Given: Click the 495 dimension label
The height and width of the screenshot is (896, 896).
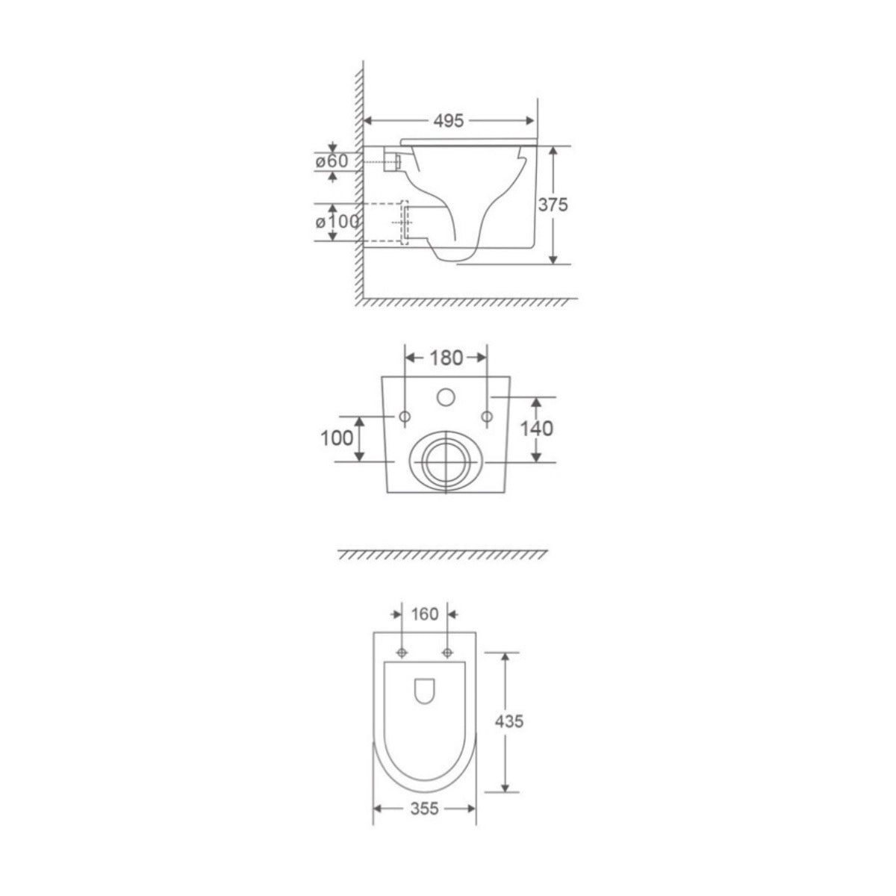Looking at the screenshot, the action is [x=448, y=121].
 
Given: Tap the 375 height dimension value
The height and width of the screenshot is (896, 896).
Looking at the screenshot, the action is [x=553, y=204].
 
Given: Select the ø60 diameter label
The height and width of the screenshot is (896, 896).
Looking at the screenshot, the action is [x=332, y=161].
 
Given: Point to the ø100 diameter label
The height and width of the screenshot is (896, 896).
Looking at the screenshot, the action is [x=337, y=222].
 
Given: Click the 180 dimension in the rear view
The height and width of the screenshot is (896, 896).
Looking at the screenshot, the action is [x=446, y=358].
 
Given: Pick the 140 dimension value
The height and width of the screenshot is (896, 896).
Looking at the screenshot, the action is [x=536, y=429].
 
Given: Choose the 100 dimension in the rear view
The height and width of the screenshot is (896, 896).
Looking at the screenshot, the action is [x=337, y=438].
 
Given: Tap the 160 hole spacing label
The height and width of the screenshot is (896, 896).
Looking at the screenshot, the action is [x=425, y=615].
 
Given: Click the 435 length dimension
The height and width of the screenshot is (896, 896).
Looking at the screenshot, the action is [x=509, y=721].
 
